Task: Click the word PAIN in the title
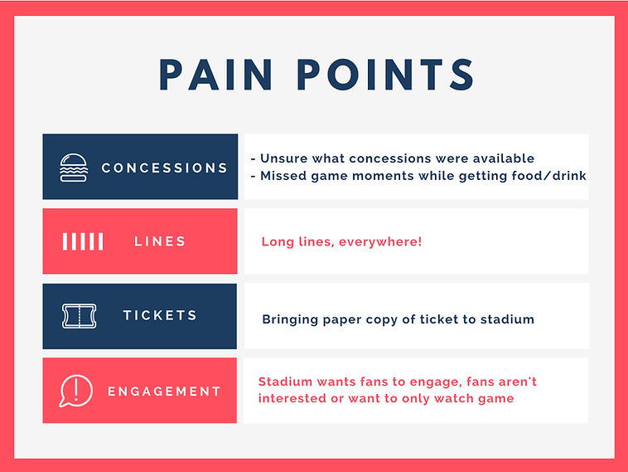coord(216,75)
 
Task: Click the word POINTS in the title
coord(386,75)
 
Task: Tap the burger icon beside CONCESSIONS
coord(74,168)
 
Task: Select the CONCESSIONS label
coord(164,168)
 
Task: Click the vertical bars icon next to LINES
coord(83,241)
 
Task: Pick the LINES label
coord(160,241)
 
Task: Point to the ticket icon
coord(80,316)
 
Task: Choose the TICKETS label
coord(160,315)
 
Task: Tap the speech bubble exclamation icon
coord(75,391)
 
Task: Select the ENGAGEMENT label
coord(164,392)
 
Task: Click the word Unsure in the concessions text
coord(284,158)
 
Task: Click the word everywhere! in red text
coord(380,242)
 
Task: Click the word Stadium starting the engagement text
coord(285,382)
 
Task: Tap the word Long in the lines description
coord(278,242)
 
